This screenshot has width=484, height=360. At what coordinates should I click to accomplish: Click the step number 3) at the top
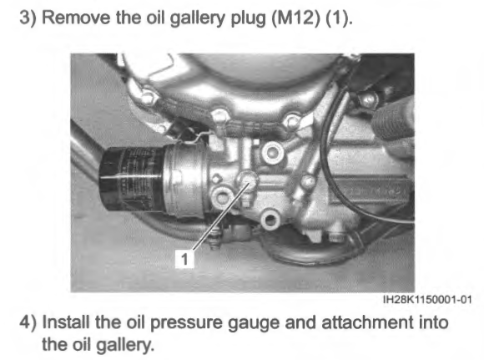[x=28, y=17]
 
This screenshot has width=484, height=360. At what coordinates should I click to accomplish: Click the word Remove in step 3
[x=76, y=17]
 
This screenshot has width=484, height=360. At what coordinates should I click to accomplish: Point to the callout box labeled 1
[x=184, y=259]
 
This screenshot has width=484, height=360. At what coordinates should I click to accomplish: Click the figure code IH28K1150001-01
[x=427, y=299]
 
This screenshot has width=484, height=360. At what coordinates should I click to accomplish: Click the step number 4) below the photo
[x=28, y=322]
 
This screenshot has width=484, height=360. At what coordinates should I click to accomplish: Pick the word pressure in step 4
[x=186, y=323]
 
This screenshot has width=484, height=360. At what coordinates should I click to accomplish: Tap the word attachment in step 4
[x=367, y=322]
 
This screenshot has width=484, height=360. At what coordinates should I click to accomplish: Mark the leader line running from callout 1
[x=220, y=217]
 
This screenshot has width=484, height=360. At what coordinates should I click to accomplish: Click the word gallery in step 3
[x=198, y=18]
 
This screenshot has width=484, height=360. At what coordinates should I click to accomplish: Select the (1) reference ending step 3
[x=339, y=18]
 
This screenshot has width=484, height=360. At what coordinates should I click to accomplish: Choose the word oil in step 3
[x=155, y=17]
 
